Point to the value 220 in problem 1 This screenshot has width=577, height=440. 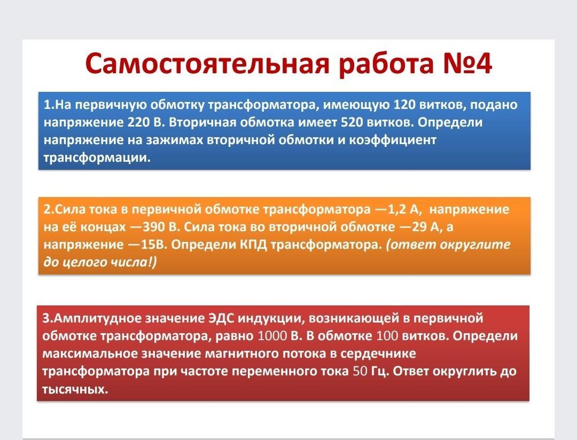pyautogui.click(x=138, y=122)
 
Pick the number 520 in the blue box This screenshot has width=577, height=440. pyautogui.click(x=352, y=122)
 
